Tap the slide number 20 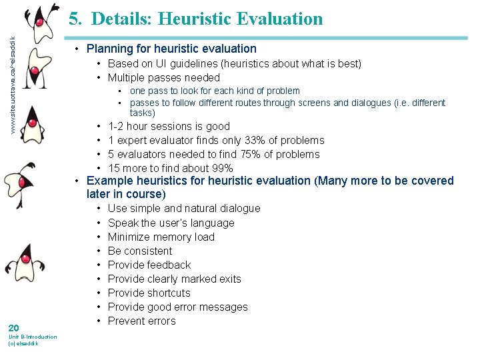(x=13, y=327)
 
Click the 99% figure (x=221, y=168)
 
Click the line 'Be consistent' (x=140, y=251)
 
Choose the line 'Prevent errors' (x=141, y=321)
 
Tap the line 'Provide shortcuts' (x=149, y=293)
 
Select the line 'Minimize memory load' (x=161, y=237)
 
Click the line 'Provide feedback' (x=149, y=265)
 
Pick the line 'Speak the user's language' (x=171, y=223)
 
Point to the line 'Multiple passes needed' (x=164, y=77)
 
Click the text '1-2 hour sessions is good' (x=169, y=126)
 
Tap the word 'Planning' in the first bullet (x=109, y=49)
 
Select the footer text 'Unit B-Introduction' (x=32, y=337)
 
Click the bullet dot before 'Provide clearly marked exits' (x=99, y=279)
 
